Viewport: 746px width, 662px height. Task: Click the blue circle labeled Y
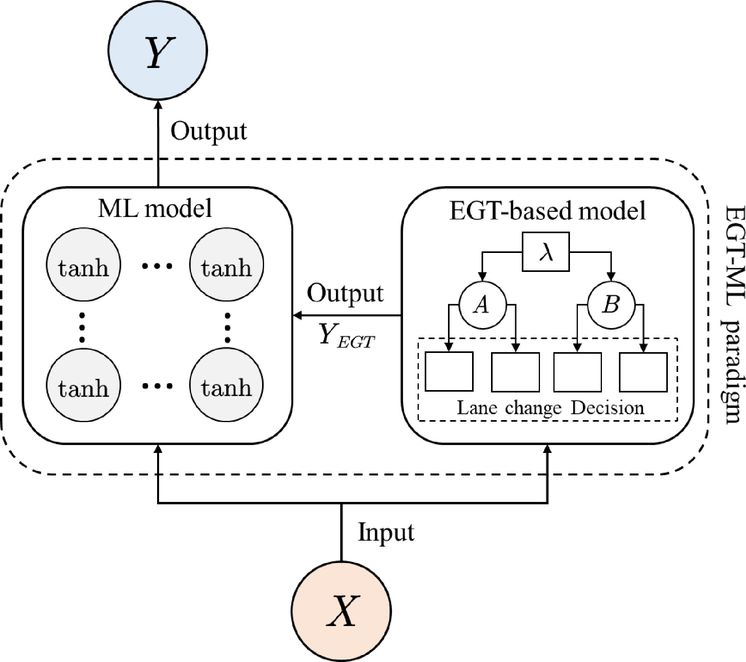pyautogui.click(x=157, y=50)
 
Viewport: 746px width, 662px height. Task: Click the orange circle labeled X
pyautogui.click(x=341, y=611)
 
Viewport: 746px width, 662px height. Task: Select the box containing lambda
pyautogui.click(x=545, y=252)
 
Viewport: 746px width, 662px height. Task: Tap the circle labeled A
pyautogui.click(x=482, y=305)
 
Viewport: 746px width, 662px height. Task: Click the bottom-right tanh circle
pyautogui.click(x=226, y=385)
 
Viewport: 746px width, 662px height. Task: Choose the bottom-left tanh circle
pyautogui.click(x=83, y=385)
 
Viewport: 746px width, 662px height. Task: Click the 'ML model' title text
pyautogui.click(x=154, y=208)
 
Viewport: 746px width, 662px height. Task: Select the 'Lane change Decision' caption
pyautogui.click(x=550, y=407)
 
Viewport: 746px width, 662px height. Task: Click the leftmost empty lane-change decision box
pyautogui.click(x=449, y=372)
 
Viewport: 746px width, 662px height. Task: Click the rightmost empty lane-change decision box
pyautogui.click(x=643, y=372)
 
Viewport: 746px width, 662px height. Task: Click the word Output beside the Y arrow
pyautogui.click(x=208, y=132)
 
